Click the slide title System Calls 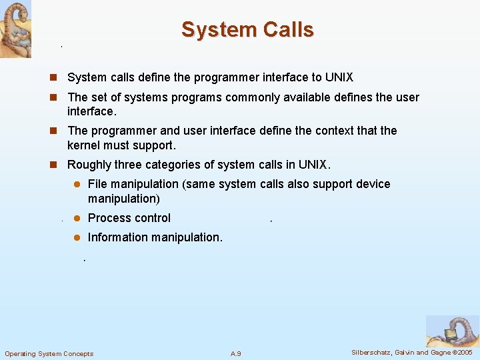[x=247, y=29]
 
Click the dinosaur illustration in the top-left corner [x=15, y=29]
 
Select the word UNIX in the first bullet [x=339, y=78]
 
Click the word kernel [x=85, y=145]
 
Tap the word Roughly [x=89, y=165]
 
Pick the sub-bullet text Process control [x=129, y=218]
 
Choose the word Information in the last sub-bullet [x=119, y=237]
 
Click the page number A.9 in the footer [x=235, y=353]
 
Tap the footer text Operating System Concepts [x=49, y=353]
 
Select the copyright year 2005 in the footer [x=465, y=352]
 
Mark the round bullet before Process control [x=77, y=218]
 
